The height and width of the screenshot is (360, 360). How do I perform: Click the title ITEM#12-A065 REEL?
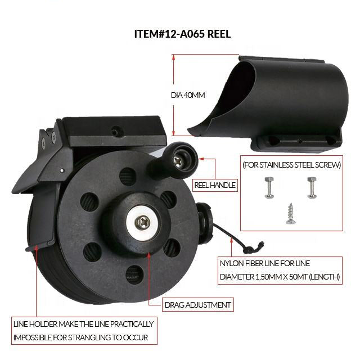coord(182,34)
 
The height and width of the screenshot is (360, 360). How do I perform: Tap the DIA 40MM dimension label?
coord(188,95)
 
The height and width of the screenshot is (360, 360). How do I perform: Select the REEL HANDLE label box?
coord(215,185)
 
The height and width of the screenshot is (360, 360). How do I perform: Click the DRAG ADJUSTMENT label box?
coord(198,305)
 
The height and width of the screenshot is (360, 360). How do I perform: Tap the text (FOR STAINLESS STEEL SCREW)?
coord(291,165)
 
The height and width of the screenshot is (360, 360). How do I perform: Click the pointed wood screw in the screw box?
coord(290,214)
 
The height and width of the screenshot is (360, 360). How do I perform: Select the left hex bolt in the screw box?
coord(269,188)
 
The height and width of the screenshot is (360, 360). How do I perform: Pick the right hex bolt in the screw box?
coord(312,188)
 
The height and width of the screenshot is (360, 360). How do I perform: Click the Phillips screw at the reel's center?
coord(142,222)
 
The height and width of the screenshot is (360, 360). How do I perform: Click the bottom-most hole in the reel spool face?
coord(134,274)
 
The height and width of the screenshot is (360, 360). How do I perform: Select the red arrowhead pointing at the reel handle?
coord(201,159)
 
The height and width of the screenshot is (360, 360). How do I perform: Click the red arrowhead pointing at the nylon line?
coord(232,240)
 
